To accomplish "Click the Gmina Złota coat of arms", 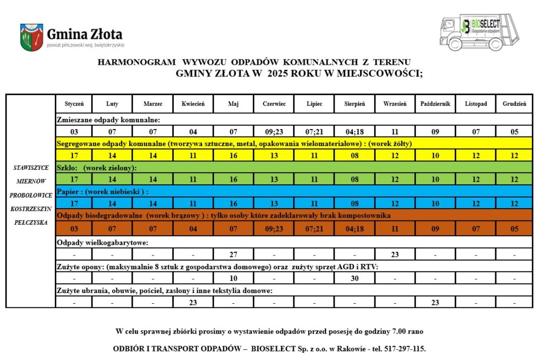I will pos(31,37).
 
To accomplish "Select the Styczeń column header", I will pos(74,104).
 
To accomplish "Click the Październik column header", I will pos(435,104).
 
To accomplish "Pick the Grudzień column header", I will pos(514,104).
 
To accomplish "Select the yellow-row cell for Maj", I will pos(233,156).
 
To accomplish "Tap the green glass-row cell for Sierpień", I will pos(355,179).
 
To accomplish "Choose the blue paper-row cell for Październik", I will pos(435,203).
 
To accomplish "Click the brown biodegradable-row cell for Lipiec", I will pos(314,229).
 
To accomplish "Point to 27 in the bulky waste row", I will pos(233,254).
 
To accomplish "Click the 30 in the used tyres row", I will pos(355,278).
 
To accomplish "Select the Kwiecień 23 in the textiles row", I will pos(193,303).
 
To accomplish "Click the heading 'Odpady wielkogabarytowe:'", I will pos(102,242).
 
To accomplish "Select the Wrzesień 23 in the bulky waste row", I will pos(395,254).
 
